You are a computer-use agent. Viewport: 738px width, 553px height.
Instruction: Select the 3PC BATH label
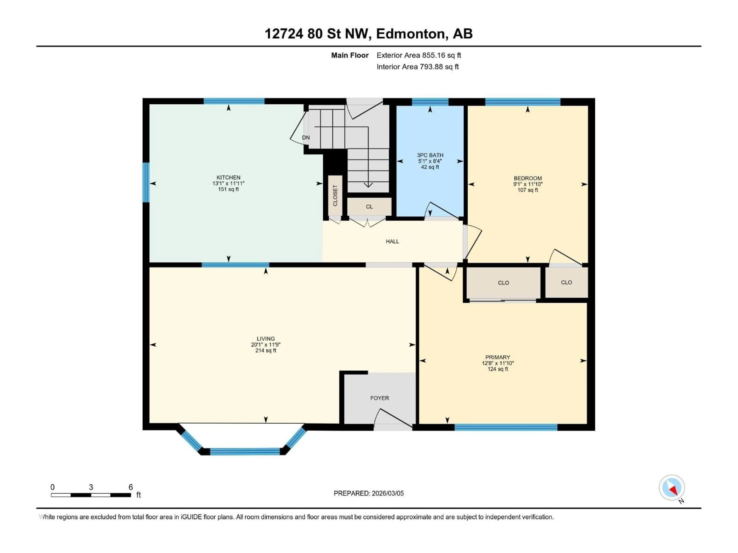pos(430,155)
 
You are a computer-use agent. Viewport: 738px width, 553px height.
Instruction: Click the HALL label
pos(392,241)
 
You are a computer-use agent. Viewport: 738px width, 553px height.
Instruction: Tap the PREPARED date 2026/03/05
pos(387,493)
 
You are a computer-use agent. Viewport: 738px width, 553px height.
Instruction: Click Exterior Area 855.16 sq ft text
pos(419,55)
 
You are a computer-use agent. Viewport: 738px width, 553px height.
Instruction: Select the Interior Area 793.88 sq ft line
pos(417,67)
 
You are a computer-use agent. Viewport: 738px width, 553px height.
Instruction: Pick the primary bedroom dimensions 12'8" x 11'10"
pos(498,363)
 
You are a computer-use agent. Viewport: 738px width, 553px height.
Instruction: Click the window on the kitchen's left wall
pos(146,182)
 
